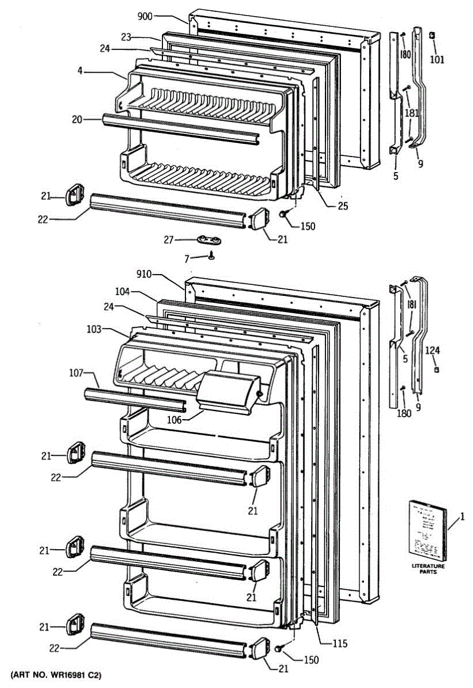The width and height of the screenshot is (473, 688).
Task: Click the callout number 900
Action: coord(145,17)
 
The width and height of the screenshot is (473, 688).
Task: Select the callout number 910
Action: coord(144,274)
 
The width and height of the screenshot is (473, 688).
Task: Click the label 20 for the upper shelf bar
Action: coord(77,119)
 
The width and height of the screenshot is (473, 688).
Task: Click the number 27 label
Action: coord(168,240)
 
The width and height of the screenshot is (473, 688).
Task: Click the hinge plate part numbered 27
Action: coord(210,240)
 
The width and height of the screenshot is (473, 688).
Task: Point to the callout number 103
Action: coord(94,329)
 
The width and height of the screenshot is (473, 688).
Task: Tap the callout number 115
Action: coord(340,643)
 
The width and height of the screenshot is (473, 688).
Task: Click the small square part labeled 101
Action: coord(432,36)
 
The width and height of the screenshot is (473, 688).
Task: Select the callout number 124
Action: coord(434,349)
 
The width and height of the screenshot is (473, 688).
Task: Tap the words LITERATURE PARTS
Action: coord(428,569)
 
